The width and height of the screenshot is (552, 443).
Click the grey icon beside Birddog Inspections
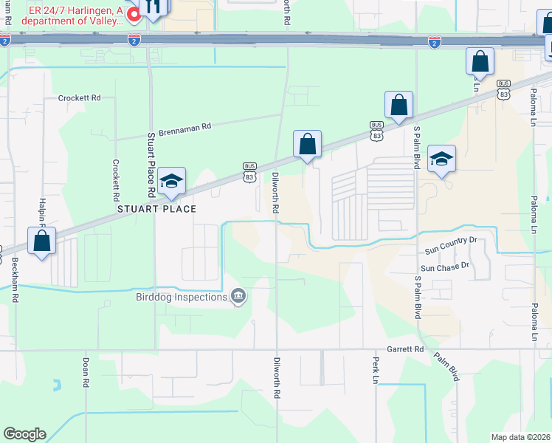click(x=238, y=297)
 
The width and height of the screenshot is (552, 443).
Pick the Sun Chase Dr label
click(x=445, y=267)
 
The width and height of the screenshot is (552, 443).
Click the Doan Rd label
click(x=86, y=373)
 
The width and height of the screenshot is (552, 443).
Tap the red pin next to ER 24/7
click(x=134, y=14)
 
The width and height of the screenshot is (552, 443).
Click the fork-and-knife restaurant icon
click(x=155, y=7)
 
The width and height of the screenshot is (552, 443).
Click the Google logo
click(x=24, y=434)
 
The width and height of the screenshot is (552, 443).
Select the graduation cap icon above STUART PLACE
click(x=170, y=182)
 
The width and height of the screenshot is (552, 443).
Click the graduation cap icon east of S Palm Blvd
click(x=441, y=159)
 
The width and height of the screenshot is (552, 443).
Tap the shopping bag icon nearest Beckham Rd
click(x=42, y=241)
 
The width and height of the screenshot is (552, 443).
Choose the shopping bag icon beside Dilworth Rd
click(x=307, y=144)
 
